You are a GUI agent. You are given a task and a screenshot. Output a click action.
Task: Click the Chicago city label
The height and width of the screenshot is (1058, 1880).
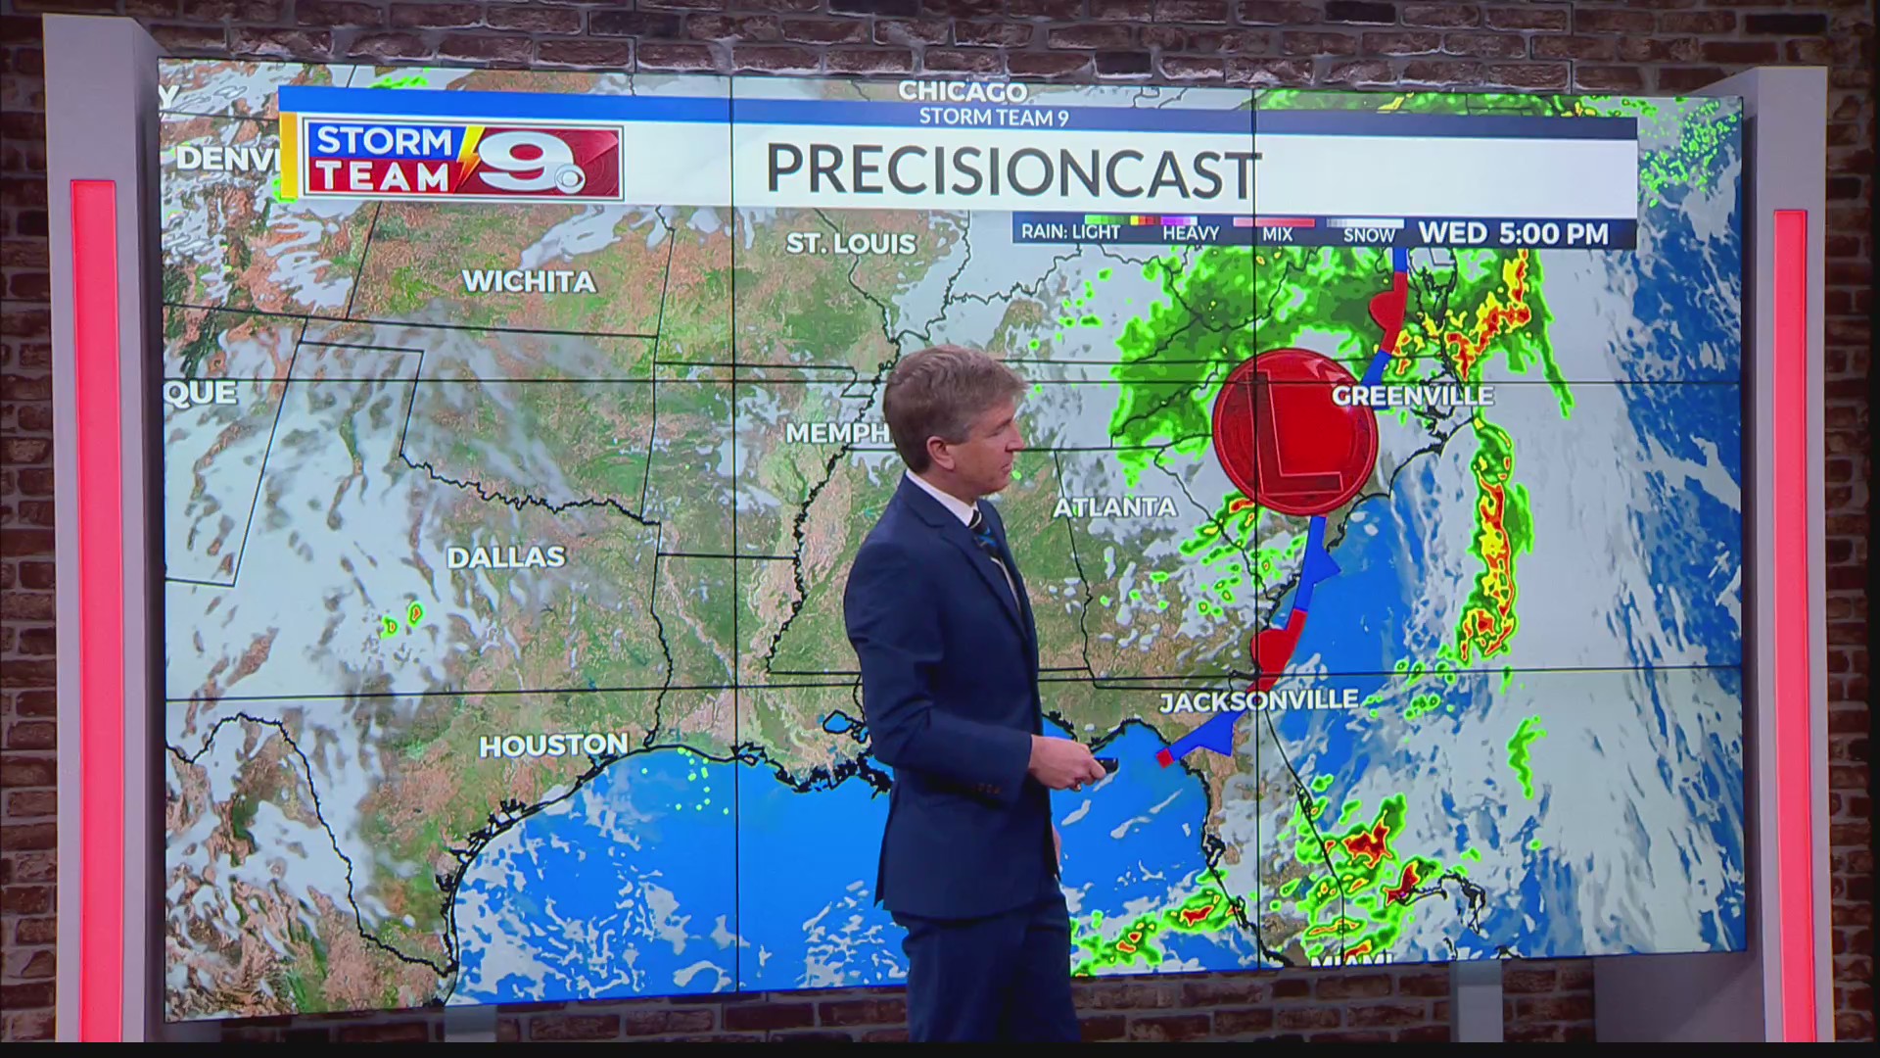963,92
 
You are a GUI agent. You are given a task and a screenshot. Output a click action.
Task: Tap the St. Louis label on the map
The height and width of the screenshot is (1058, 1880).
850,243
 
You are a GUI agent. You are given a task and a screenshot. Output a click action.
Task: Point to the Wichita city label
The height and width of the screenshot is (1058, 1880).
529,282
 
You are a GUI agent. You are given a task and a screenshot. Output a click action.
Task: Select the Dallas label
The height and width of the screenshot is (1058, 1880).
506,557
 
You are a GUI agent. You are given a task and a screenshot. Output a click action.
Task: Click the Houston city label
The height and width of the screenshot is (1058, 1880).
553,745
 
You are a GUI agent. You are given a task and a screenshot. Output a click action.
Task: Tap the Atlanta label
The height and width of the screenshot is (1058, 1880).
1114,507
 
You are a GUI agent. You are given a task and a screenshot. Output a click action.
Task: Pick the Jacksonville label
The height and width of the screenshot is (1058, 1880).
1258,701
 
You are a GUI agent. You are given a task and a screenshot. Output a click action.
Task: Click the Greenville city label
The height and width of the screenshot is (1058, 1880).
1413,396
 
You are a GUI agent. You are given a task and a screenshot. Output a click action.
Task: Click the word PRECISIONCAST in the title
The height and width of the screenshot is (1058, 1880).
1011,172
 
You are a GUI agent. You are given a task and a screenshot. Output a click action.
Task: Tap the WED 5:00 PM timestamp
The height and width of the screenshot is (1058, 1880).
1513,234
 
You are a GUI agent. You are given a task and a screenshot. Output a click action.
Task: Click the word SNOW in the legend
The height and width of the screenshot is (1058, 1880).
1369,235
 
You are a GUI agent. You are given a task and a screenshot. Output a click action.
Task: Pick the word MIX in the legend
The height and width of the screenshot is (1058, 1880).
1277,235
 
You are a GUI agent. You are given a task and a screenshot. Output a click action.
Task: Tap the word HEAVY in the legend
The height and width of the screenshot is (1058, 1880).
1190,234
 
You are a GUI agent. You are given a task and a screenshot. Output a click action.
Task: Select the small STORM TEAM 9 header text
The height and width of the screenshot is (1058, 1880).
993,118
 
